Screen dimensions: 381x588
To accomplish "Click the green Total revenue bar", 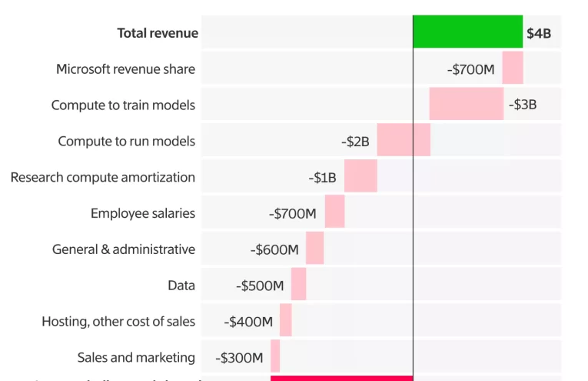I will [467, 32].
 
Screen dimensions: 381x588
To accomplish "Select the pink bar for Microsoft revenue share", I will [513, 69].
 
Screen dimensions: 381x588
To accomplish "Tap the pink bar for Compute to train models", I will [467, 104].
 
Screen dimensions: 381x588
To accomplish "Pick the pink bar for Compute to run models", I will [404, 140].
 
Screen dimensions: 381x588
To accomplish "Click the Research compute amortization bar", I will [360, 176].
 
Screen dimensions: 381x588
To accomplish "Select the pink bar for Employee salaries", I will [334, 212].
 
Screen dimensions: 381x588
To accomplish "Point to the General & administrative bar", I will [315, 249].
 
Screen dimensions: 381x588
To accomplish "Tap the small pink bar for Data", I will [299, 285].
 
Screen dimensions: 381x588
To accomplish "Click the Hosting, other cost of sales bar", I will [286, 321].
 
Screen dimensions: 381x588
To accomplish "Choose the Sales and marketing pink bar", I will [275, 357].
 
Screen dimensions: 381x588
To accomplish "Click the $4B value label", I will [539, 33].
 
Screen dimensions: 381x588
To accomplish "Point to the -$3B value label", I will [523, 105].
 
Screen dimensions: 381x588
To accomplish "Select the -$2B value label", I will [355, 142].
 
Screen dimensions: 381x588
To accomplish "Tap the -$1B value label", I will [322, 178].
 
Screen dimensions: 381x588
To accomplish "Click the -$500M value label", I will [260, 286].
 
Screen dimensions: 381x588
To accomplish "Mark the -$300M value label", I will [240, 358].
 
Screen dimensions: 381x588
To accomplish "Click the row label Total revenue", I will [158, 33].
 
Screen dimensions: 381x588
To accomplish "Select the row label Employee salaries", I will [143, 213].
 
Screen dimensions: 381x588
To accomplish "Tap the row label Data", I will [181, 286].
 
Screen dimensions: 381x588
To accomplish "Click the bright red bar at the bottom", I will [342, 378].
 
